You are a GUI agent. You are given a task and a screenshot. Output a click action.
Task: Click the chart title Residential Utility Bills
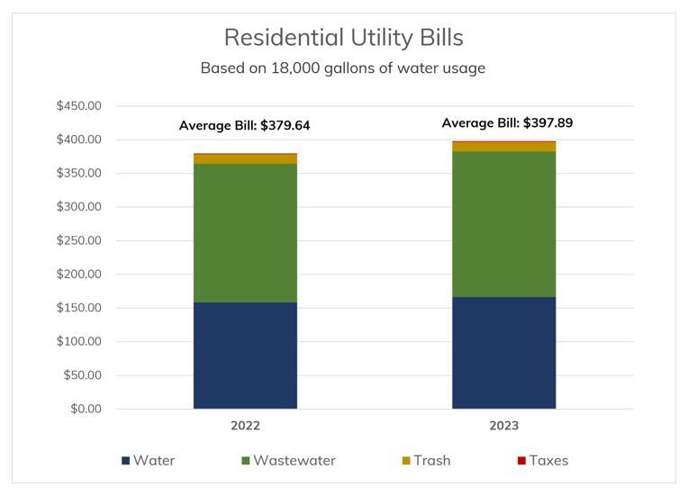pyautogui.click(x=343, y=37)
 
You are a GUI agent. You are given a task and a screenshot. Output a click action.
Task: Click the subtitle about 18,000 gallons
pyautogui.click(x=343, y=68)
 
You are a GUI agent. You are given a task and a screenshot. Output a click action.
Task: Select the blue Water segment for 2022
pyautogui.click(x=245, y=356)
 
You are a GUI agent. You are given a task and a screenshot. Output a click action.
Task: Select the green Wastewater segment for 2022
pyautogui.click(x=245, y=232)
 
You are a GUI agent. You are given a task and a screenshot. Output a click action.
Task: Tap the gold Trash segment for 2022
pyautogui.click(x=245, y=158)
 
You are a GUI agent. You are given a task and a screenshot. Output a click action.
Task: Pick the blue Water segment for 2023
pyautogui.click(x=503, y=353)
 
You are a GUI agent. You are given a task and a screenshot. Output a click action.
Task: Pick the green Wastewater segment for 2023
pyautogui.click(x=503, y=224)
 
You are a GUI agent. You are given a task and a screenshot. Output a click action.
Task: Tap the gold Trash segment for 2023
pyautogui.click(x=503, y=147)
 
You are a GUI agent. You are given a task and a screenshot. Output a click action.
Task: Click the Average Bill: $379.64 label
pyautogui.click(x=245, y=126)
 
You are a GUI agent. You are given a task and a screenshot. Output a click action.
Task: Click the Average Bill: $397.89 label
pyautogui.click(x=507, y=123)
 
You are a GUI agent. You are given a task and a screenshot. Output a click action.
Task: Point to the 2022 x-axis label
pyautogui.click(x=245, y=426)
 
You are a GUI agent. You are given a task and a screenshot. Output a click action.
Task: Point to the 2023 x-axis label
pyautogui.click(x=503, y=426)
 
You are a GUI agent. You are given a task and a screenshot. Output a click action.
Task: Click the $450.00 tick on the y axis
pyautogui.click(x=78, y=106)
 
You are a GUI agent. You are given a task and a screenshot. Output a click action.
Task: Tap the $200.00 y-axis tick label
pyautogui.click(x=78, y=275)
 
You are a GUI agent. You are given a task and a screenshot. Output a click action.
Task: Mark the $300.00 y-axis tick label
pyautogui.click(x=78, y=207)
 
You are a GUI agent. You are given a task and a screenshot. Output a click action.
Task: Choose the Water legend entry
pyautogui.click(x=149, y=461)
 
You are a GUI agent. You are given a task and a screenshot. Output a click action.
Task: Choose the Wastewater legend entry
pyautogui.click(x=288, y=461)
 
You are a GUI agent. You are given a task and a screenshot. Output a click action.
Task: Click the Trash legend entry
pyautogui.click(x=426, y=461)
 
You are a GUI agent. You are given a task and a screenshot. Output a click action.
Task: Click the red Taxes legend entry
pyautogui.click(x=542, y=461)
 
